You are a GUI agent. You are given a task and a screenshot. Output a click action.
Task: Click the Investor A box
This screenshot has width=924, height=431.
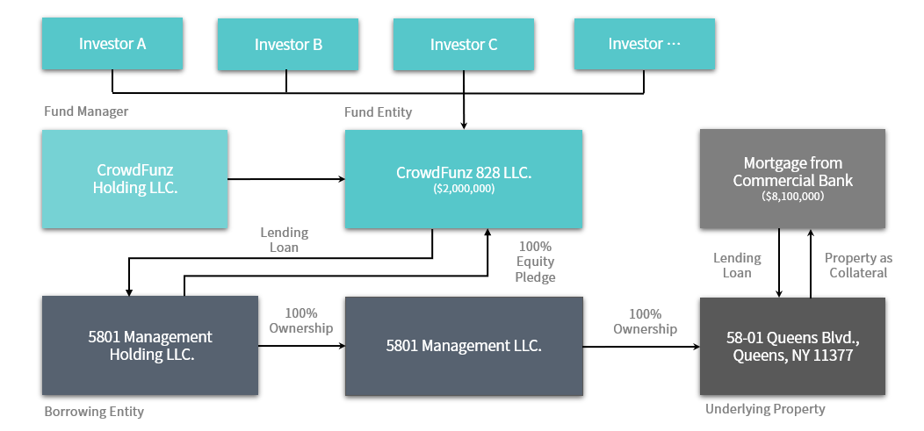coord(112,44)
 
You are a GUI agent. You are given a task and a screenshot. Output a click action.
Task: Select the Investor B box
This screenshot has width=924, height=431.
coord(287,44)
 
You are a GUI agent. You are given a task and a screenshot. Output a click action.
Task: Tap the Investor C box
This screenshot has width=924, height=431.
coord(463,44)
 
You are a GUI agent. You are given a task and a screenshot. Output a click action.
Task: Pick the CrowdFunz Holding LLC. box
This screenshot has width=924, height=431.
coord(134,179)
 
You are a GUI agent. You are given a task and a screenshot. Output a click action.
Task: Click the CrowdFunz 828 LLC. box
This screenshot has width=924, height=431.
coord(463,179)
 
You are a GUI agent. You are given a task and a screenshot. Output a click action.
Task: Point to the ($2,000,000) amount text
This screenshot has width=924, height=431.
coord(463,189)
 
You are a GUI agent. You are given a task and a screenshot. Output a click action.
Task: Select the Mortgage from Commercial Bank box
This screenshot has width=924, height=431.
coord(792,178)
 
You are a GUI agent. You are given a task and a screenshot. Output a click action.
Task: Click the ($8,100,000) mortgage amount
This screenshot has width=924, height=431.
coord(792,196)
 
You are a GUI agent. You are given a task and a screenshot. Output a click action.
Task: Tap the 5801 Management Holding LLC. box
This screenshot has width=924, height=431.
coord(149,346)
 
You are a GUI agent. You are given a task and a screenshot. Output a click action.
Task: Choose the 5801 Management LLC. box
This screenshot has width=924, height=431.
coord(464,346)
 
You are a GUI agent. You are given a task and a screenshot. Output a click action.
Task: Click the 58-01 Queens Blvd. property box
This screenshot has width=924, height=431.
coord(792,346)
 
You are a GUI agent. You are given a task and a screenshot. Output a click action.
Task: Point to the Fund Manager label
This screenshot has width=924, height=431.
coord(86,111)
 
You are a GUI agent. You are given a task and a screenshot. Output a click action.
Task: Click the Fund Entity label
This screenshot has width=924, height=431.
coord(379,111)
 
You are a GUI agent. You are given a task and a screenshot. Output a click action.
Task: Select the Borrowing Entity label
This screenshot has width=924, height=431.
coord(94,412)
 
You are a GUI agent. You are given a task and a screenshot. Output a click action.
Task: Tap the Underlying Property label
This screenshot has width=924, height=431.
coord(766,409)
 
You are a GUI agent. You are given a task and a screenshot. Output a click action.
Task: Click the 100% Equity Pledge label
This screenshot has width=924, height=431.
coord(535,262)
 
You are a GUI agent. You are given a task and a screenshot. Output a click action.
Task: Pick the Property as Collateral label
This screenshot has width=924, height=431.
coord(858,266)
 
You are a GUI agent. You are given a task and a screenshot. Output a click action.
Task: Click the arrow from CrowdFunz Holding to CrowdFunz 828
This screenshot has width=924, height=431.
coord(286,179)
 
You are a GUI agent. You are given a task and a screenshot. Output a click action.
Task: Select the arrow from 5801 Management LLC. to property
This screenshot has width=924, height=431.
coord(641,347)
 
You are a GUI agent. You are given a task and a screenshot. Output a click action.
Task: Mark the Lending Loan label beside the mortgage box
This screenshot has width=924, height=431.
coord(737,266)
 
